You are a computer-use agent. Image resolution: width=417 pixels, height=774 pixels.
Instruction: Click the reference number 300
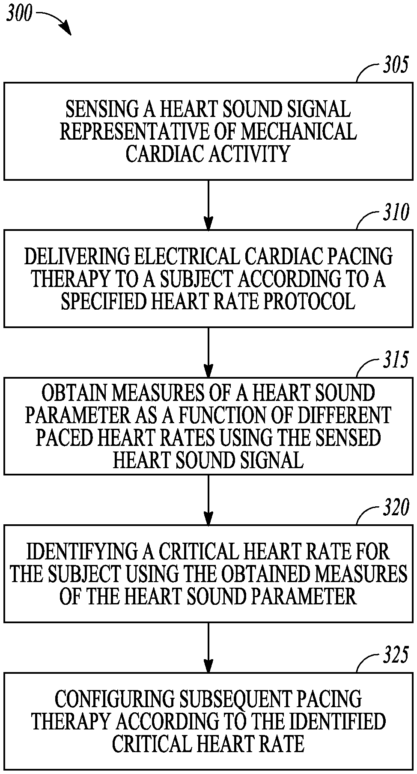tap(19, 14)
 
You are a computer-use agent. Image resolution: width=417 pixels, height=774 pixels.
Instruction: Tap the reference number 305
tap(395, 66)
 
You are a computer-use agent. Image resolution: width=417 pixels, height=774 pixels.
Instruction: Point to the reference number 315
tap(395, 360)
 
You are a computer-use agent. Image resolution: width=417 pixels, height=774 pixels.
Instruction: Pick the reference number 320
tap(395, 509)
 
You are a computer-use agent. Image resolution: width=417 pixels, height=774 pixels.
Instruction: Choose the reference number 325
tap(395, 656)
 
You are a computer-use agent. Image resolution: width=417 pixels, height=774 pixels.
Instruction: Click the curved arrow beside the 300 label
tap(56, 21)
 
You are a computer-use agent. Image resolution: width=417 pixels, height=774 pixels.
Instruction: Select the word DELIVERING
tap(77, 257)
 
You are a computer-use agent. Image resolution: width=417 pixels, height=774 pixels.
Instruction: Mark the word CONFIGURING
tap(116, 699)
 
